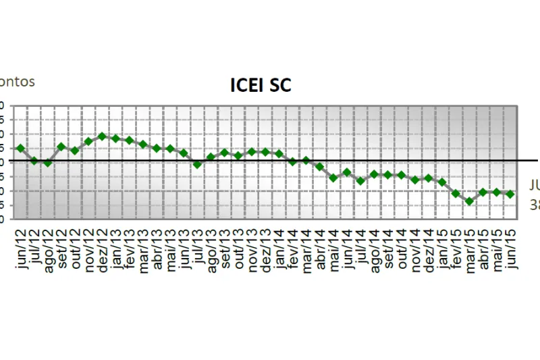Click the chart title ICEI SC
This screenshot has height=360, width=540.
click(261, 86)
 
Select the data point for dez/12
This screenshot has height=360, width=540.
click(102, 136)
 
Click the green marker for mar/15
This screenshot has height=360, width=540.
click(469, 201)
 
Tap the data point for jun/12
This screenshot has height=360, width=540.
click(20, 148)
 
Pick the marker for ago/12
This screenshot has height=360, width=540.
click(47, 163)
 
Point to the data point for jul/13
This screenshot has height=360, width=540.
click(197, 164)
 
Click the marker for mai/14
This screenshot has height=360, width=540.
click(333, 178)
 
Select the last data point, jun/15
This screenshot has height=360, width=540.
click(510, 194)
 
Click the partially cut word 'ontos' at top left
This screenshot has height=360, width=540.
click(17, 82)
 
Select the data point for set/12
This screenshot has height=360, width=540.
click(61, 147)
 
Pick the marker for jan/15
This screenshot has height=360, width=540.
click(442, 182)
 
